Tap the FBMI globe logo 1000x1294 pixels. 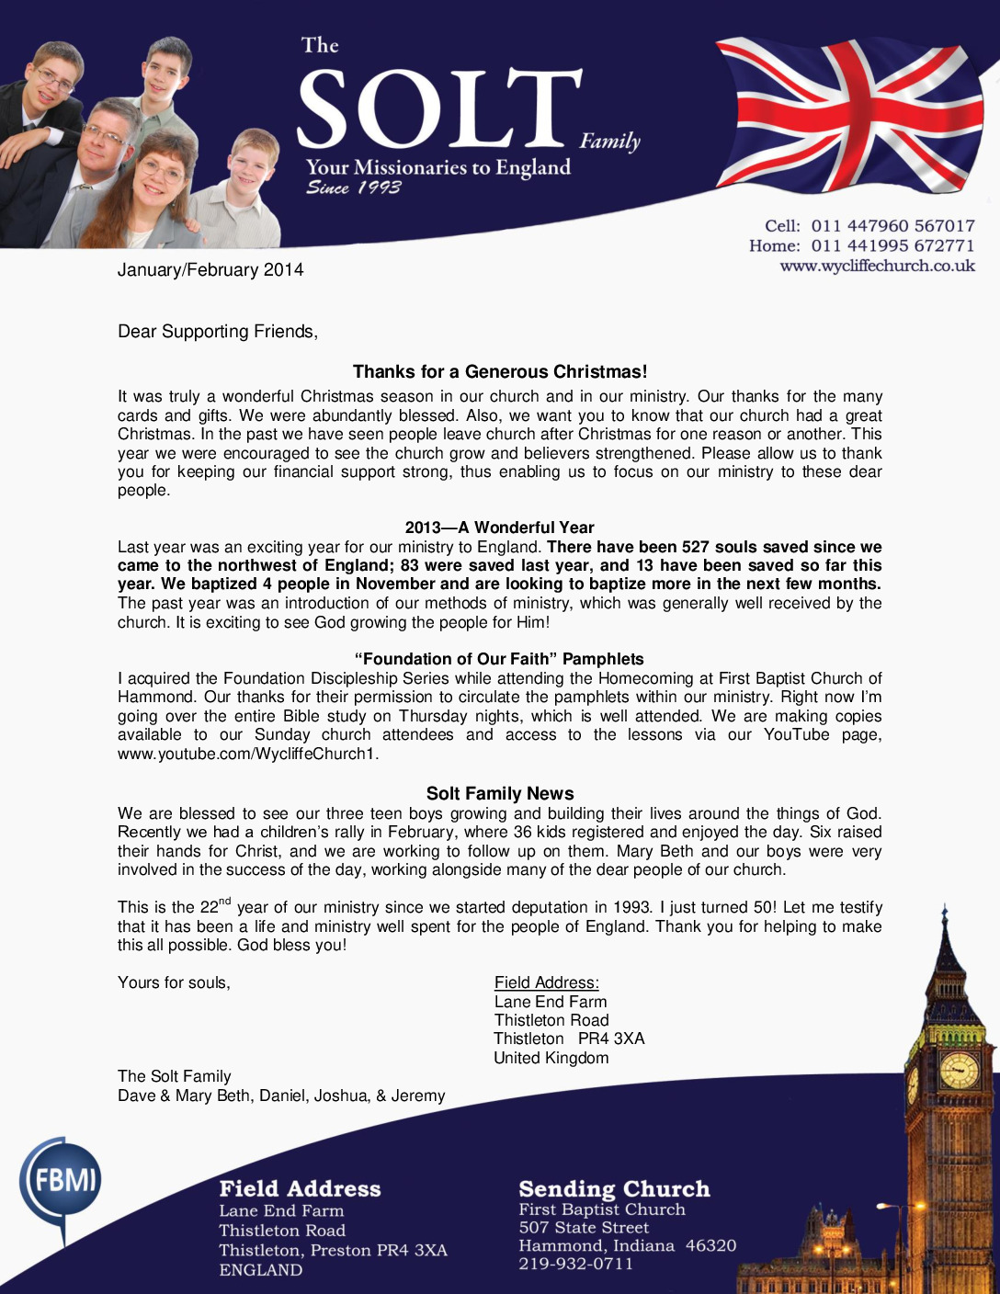point(62,1180)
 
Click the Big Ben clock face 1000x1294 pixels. point(958,1070)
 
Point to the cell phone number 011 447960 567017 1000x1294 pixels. point(892,226)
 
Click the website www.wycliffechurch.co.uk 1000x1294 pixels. point(877,267)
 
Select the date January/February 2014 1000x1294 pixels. point(210,270)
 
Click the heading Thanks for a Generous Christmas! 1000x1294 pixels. point(500,372)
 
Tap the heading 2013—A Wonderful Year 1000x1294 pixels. point(500,528)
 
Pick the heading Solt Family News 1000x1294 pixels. point(500,794)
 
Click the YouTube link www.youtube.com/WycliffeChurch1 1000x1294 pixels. point(248,755)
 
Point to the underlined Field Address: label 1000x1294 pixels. point(547,983)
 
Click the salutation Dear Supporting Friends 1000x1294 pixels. point(217,332)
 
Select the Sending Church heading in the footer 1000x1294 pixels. point(614,1189)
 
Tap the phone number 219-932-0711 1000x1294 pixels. point(576,1264)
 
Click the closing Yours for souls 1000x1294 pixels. point(174,983)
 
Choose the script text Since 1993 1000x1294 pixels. point(354,187)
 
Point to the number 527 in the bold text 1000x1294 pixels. point(697,547)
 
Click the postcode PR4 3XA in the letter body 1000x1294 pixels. point(611,1039)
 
